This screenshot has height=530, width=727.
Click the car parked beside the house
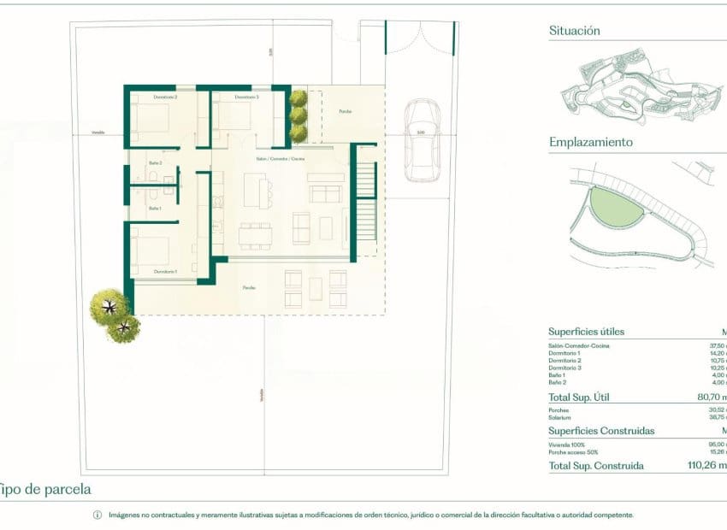(421, 140)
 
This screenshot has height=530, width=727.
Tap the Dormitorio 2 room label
(165, 97)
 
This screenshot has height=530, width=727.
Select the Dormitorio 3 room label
(246, 97)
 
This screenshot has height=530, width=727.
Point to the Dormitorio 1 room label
(166, 271)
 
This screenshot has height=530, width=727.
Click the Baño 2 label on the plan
(155, 162)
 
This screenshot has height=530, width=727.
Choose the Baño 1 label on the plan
(155, 208)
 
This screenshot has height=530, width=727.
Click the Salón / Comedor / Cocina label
(281, 159)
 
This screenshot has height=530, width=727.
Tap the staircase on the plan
(365, 203)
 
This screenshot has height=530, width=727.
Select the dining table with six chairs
(256, 232)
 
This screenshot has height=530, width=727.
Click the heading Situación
(574, 31)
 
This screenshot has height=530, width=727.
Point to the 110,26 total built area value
(706, 466)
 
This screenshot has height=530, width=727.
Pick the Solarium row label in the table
(561, 417)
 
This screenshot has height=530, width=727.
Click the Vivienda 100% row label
(566, 445)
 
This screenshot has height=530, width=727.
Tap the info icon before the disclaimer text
(97, 515)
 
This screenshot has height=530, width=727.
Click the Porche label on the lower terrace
(248, 287)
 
